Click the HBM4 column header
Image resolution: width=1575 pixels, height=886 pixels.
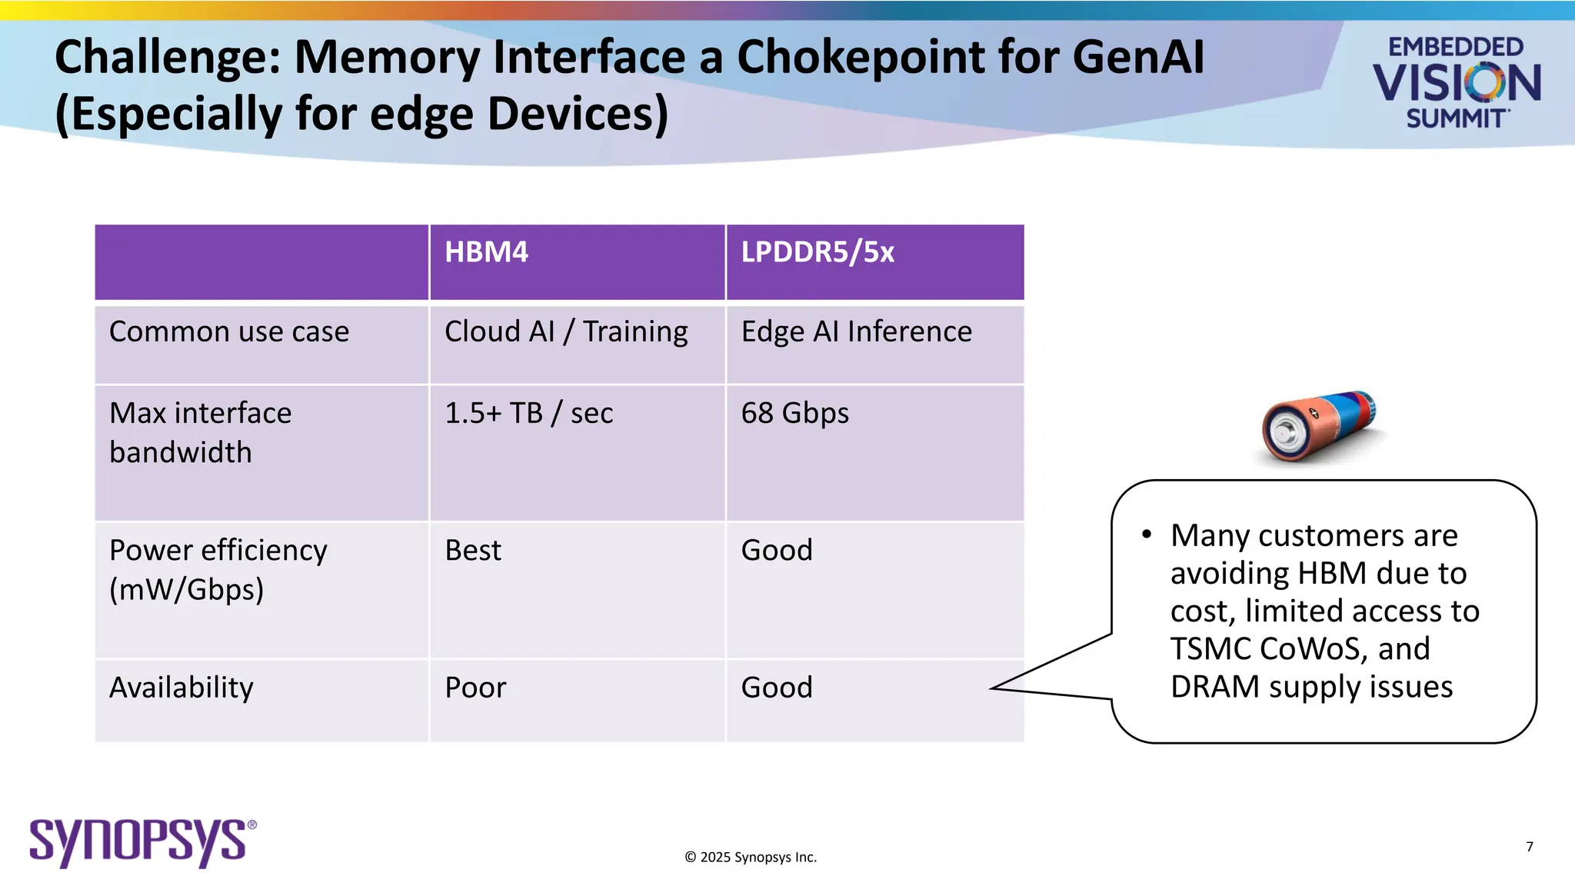486,252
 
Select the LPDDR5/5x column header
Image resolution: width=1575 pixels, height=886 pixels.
817,252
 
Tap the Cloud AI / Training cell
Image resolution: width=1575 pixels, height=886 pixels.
566,331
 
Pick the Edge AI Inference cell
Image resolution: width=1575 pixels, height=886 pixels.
856,331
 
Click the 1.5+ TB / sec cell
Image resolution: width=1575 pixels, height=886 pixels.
528,413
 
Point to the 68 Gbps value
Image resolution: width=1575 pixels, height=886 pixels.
794,413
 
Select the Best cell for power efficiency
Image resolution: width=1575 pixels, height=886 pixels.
473,550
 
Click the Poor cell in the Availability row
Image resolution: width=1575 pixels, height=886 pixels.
475,687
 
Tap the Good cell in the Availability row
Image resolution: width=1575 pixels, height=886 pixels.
777,687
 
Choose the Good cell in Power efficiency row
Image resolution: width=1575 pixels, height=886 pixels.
777,550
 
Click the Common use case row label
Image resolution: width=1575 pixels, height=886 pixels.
229,331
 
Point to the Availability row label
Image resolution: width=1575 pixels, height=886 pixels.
181,687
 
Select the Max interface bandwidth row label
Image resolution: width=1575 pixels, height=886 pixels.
200,432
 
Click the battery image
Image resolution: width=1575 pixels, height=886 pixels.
1318,427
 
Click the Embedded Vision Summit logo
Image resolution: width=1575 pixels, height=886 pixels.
1456,82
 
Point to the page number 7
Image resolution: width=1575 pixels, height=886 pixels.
1530,847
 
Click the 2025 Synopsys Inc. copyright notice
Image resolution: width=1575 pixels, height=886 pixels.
751,857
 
